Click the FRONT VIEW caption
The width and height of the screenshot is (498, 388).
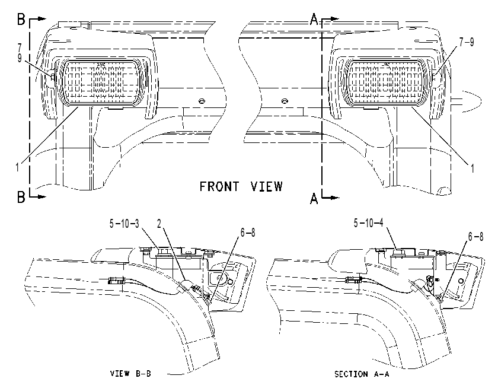click(241, 186)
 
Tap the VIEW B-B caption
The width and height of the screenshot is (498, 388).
click(130, 373)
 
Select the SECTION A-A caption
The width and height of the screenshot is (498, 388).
click(362, 374)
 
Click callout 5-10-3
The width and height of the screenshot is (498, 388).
click(124, 224)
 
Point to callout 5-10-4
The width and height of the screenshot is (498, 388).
click(369, 223)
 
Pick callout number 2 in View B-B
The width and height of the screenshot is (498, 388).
click(159, 224)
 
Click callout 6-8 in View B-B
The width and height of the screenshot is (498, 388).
click(248, 233)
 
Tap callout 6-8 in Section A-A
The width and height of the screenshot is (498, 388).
click(475, 237)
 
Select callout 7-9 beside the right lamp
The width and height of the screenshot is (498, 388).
click(467, 42)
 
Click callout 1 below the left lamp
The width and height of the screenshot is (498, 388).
click(17, 167)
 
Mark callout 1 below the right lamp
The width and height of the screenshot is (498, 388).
click(473, 168)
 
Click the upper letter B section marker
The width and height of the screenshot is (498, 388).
click(21, 20)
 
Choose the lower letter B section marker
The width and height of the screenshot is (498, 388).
click(21, 197)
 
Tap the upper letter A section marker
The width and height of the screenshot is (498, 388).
click(314, 20)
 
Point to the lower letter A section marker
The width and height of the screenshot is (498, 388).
click(314, 199)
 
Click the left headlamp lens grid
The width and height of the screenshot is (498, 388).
click(101, 82)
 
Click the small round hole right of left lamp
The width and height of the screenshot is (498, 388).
click(201, 101)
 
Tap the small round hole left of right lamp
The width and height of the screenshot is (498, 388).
click(285, 101)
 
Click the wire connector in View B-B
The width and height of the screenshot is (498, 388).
click(116, 281)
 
